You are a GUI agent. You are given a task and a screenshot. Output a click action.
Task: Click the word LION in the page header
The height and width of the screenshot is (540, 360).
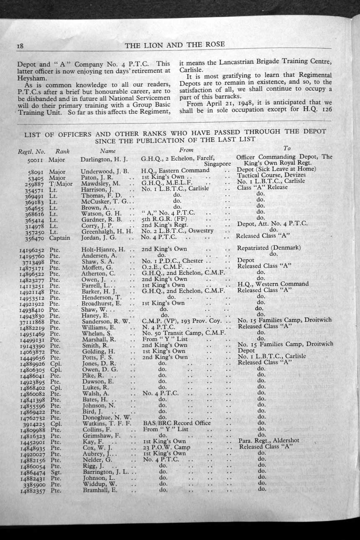click(163, 45)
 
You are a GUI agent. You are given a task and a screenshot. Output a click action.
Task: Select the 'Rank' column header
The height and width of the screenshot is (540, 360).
click(62, 151)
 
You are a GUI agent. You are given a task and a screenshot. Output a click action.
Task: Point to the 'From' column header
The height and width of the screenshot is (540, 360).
click(186, 150)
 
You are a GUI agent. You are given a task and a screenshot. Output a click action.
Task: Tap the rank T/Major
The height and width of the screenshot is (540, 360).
click(60, 183)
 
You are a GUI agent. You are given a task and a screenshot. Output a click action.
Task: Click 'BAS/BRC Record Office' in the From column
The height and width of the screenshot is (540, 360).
click(177, 423)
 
